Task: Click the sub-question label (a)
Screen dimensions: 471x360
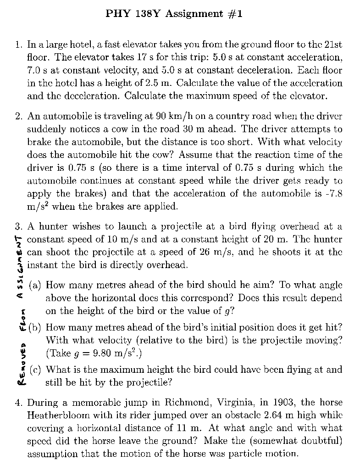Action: click(35, 285)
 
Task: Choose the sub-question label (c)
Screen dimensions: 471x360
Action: click(35, 370)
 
